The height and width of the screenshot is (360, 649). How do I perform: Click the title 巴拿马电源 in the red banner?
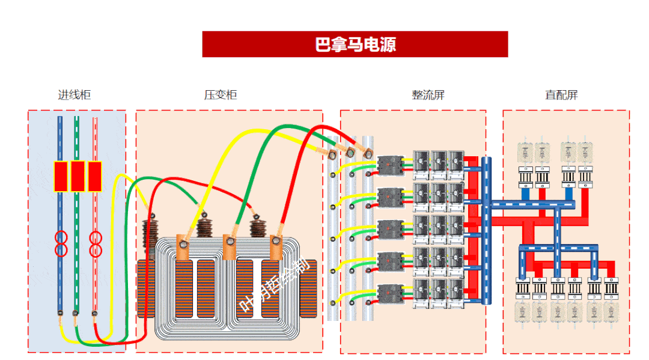tap(355, 44)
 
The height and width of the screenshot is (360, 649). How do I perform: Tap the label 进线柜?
tap(75, 95)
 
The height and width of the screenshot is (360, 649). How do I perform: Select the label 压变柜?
tap(221, 95)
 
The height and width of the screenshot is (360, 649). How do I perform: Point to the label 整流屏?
tap(428, 95)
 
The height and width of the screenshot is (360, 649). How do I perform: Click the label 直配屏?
tap(561, 95)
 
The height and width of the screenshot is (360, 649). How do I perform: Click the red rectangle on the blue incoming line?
tap(61, 176)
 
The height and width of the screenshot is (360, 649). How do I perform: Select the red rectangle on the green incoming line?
tap(78, 176)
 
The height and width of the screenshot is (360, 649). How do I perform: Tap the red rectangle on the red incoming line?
tap(94, 176)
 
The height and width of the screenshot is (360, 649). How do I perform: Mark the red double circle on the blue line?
tap(61, 243)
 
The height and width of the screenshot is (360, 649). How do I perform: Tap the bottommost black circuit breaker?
tap(390, 293)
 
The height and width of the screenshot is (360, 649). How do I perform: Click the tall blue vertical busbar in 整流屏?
tap(487, 228)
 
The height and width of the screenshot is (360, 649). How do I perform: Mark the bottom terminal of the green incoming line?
tap(75, 313)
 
